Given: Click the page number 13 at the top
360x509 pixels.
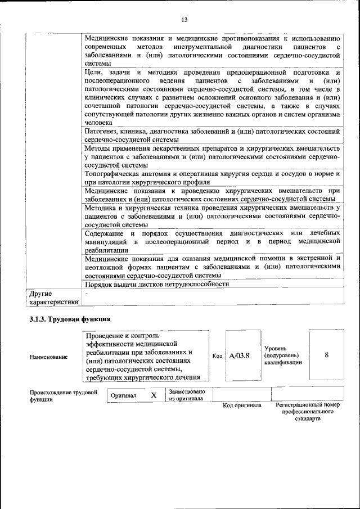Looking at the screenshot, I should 184,20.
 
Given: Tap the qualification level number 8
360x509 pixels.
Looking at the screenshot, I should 326,355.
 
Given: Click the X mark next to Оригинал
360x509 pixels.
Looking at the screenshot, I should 153,395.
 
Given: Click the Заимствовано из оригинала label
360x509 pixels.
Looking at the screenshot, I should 187,395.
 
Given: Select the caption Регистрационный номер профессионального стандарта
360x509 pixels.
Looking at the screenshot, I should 308,412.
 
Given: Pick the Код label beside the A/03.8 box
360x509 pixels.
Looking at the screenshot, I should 217,356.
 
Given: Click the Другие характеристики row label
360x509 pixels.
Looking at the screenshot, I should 53,298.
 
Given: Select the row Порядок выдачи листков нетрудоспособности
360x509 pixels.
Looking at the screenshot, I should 157,284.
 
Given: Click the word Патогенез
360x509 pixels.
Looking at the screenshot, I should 101,131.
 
